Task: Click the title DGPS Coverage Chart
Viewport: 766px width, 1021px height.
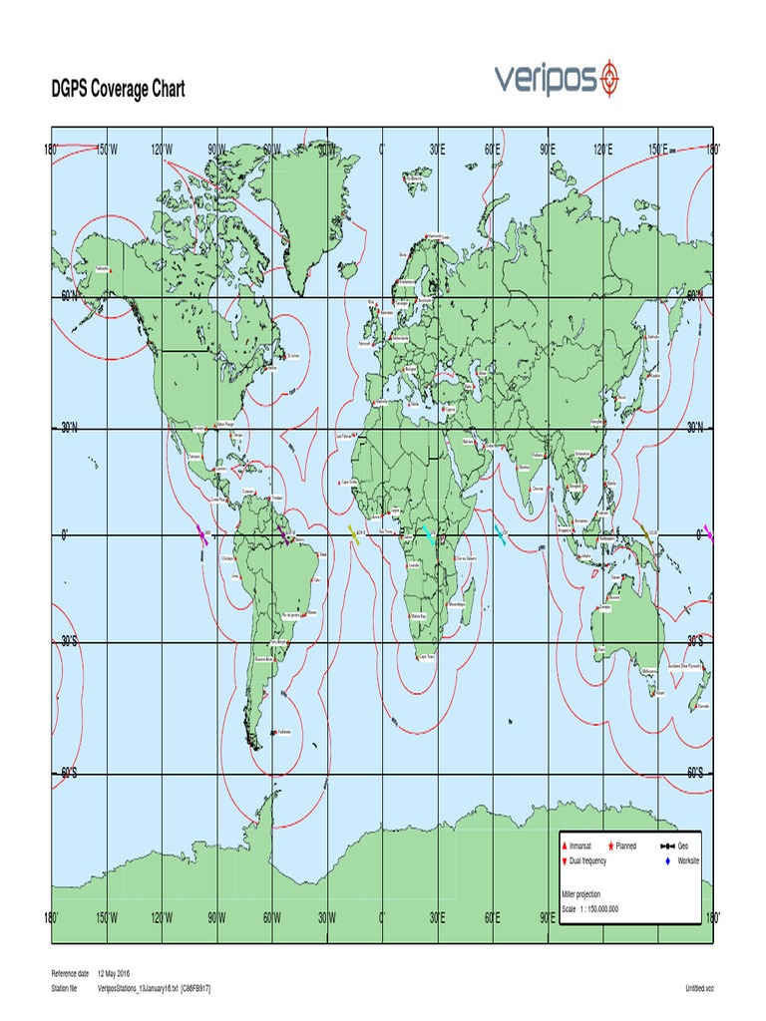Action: click(118, 90)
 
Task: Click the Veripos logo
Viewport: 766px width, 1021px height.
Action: click(558, 77)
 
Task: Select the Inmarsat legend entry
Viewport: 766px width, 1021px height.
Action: click(586, 846)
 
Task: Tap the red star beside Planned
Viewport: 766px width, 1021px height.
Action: click(611, 846)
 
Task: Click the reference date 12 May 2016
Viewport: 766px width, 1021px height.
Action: click(122, 972)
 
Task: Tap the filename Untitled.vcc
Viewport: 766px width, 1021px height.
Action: click(700, 987)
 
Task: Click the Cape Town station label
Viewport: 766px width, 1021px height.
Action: click(428, 657)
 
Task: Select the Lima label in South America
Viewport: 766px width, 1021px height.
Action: click(235, 575)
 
